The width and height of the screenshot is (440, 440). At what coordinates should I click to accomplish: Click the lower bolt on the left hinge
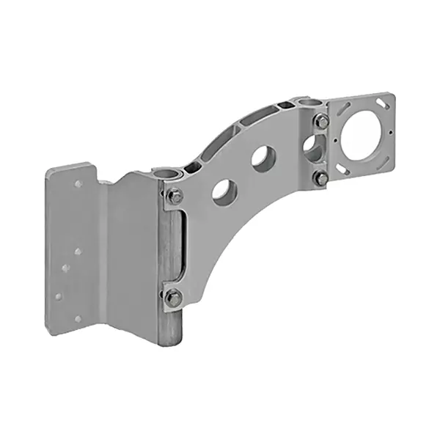[x=173, y=297]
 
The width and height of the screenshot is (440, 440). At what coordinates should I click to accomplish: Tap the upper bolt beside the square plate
[x=321, y=122]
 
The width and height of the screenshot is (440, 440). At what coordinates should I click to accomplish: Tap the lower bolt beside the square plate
[x=320, y=177]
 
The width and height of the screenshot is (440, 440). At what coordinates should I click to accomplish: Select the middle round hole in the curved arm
[x=263, y=157]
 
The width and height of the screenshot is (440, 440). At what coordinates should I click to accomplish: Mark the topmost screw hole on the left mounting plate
[x=78, y=183]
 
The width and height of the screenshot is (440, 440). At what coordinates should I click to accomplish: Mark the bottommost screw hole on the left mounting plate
[x=78, y=319]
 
